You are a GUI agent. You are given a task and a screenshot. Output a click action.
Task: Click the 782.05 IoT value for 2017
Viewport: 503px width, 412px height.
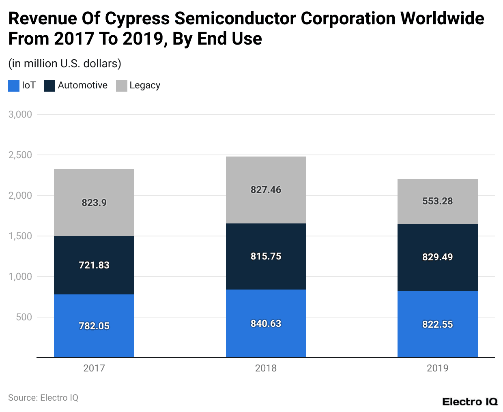pos(94,326)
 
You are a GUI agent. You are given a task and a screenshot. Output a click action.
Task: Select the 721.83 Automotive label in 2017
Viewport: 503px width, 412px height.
pos(94,265)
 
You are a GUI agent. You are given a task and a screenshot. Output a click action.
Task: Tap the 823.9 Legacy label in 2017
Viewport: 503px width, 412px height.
pos(94,203)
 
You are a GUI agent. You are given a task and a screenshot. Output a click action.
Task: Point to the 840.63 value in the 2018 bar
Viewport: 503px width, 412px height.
pos(266,324)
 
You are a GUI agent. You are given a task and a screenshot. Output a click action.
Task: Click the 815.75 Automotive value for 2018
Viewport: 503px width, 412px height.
pos(266,256)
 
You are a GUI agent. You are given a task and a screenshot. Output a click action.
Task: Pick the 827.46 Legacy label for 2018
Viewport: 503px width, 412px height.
pos(266,190)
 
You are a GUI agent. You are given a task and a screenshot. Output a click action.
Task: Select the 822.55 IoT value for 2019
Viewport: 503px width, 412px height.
pos(437,324)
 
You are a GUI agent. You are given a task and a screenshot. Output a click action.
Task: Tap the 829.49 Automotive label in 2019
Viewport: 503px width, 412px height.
pos(437,257)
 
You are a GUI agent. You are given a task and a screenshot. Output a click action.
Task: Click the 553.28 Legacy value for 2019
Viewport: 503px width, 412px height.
pos(437,201)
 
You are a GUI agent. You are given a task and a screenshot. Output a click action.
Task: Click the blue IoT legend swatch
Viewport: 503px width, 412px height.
pos(14,86)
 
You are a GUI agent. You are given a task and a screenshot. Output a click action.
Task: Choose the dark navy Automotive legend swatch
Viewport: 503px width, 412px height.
pos(49,86)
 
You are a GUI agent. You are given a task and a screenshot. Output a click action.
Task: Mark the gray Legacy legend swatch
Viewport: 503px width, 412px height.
pos(122,86)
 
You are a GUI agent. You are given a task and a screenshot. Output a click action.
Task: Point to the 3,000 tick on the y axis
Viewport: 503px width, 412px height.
pos(20,114)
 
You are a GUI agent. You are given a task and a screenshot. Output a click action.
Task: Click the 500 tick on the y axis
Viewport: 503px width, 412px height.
pos(24,317)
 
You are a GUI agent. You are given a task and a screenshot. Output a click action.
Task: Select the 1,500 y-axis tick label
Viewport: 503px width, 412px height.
pos(20,236)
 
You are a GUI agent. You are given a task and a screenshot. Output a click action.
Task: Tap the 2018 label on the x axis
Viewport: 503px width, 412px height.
pos(266,368)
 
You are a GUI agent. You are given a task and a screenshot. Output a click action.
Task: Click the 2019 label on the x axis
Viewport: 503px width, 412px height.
pos(437,368)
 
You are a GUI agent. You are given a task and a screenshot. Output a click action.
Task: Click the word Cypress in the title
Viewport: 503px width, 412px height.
pos(138,19)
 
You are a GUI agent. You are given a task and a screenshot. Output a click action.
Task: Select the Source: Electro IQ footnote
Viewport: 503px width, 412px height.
pos(43,398)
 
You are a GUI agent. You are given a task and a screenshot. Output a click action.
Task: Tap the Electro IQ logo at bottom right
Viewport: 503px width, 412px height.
pos(470,402)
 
